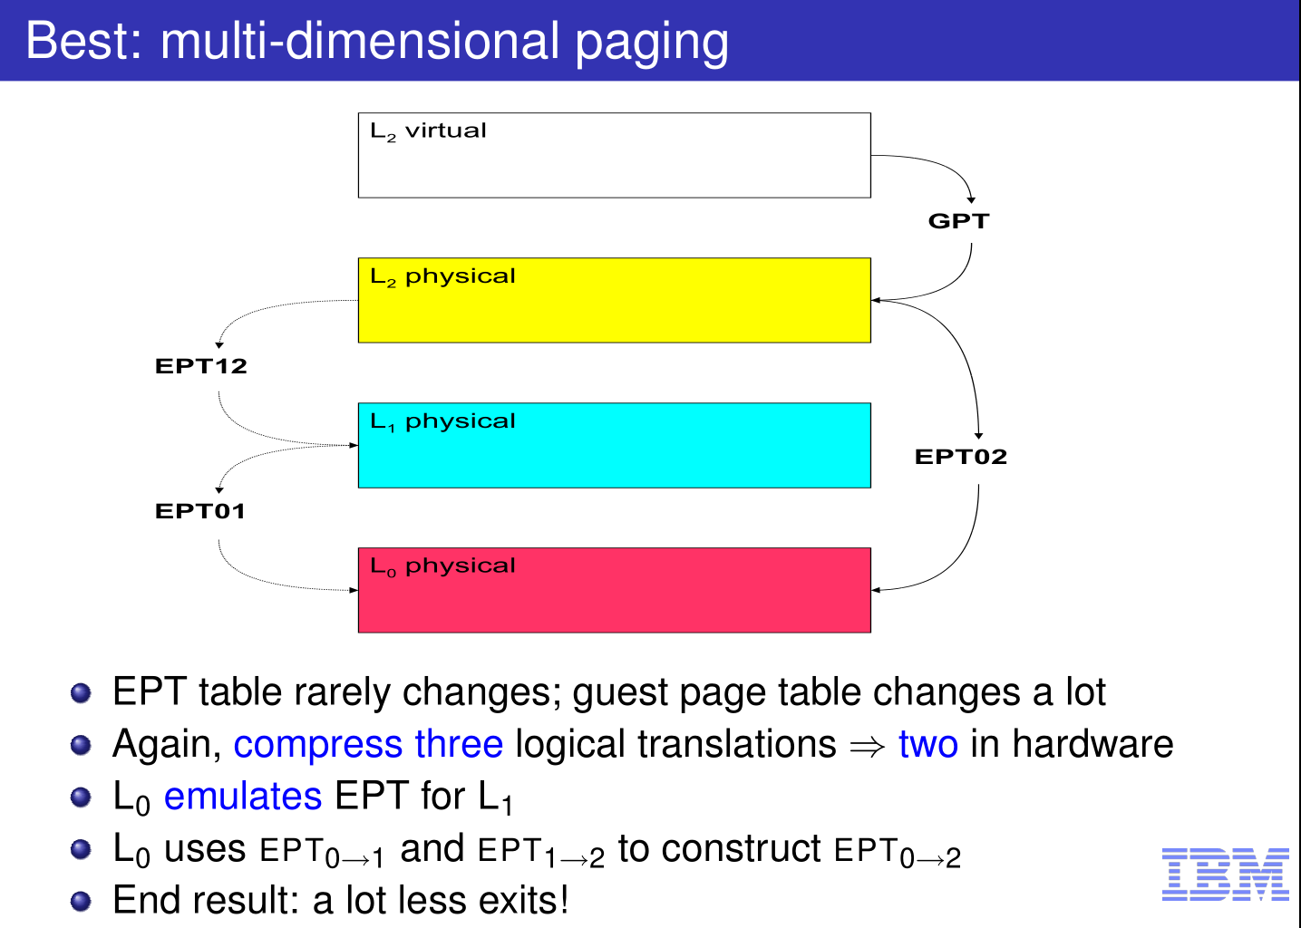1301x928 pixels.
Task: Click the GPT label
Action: pos(958,221)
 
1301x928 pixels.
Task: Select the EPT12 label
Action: pos(201,366)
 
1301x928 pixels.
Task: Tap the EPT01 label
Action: pos(199,512)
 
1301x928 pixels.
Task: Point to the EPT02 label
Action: pos(961,457)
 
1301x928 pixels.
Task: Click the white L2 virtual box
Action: pos(615,155)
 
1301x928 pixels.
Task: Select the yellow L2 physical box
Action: pos(615,300)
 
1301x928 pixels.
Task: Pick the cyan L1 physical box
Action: pos(615,445)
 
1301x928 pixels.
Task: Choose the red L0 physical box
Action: pos(615,590)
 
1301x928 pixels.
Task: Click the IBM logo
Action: pos(1226,875)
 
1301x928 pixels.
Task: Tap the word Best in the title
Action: pos(83,41)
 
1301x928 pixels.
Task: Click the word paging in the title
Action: pos(652,44)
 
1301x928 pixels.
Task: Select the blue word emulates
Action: pos(243,796)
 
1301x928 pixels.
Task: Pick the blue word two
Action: pos(928,744)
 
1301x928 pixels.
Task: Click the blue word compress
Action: pos(317,746)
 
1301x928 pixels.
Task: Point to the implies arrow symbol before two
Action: pos(867,747)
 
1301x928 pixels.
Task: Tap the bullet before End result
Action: pos(81,902)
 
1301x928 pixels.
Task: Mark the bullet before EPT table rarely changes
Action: pos(81,692)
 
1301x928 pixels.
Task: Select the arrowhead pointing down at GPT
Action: pos(971,200)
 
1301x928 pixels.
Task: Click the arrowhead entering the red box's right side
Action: pos(876,590)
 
